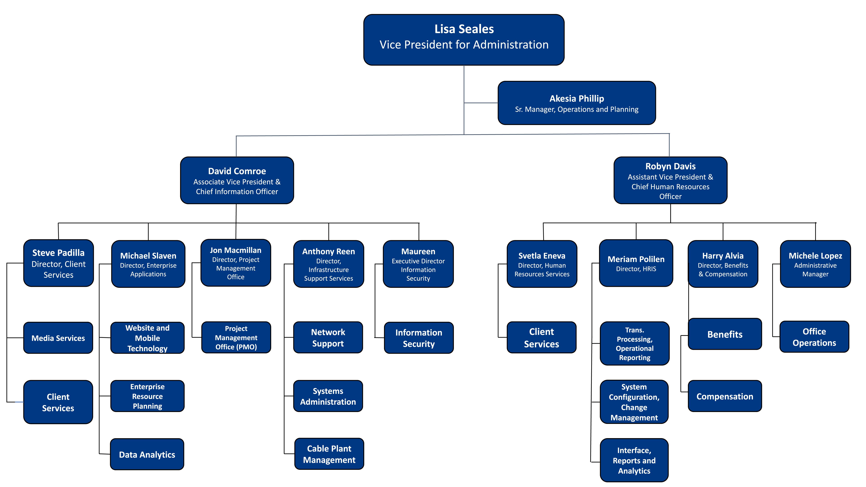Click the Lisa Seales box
pos(464,40)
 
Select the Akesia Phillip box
pos(577,103)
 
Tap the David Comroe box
pos(237,181)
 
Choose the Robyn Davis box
pos(670,181)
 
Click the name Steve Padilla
pos(58,253)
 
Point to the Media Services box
pos(58,338)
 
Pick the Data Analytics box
pos(147,454)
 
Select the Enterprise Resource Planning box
pos(147,396)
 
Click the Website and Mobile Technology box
pos(147,338)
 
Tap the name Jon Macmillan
pos(236,250)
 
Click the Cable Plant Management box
pos(329,454)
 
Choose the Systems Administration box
pos(328,396)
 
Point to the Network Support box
pos(328,337)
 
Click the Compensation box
pos(725,396)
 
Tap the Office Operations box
pos(814,337)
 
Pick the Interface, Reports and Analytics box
pos(634,460)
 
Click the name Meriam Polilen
pos(636,259)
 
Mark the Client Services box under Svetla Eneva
pos(542,337)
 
